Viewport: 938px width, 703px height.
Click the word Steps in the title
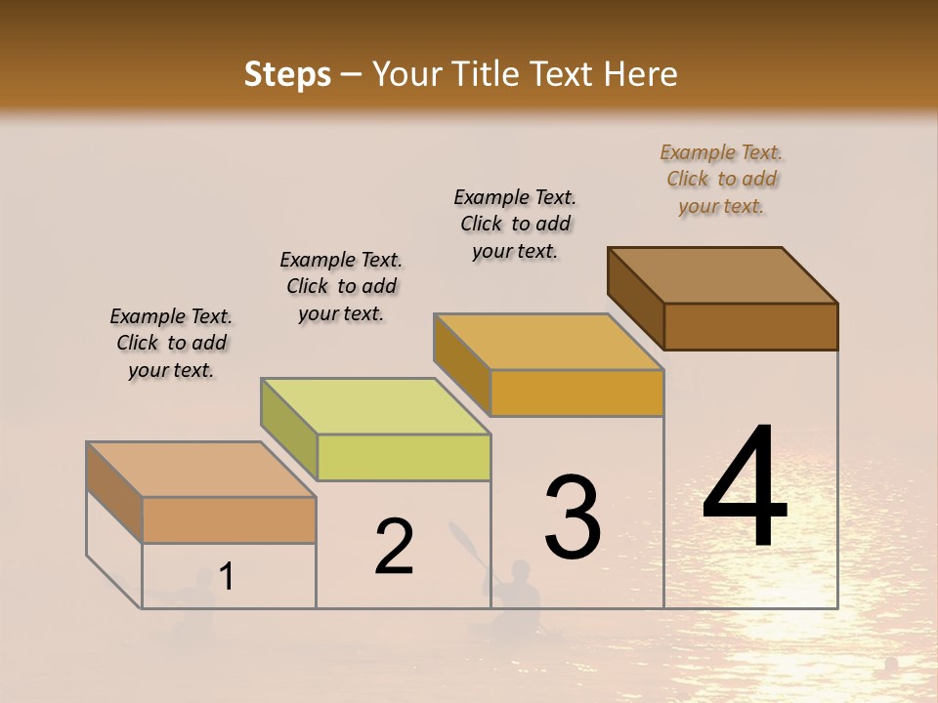287,74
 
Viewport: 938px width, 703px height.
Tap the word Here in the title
640,74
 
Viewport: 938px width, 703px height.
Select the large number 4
746,488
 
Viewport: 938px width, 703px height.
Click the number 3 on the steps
573,517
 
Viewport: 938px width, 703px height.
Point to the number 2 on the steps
394,547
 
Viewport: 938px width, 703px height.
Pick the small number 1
227,577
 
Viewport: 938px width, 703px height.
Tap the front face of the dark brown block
750,326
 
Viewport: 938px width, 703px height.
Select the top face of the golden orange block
549,342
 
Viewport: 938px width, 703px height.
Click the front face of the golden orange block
576,393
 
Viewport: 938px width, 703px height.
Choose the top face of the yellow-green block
375,406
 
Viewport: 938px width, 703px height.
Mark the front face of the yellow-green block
404,457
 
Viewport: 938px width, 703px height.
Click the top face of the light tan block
201,470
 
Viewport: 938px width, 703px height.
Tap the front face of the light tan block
229,519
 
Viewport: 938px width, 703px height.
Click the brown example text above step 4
721,179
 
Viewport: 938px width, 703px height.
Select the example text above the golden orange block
515,224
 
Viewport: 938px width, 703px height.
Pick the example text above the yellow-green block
341,286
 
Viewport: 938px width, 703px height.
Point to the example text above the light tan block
171,343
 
